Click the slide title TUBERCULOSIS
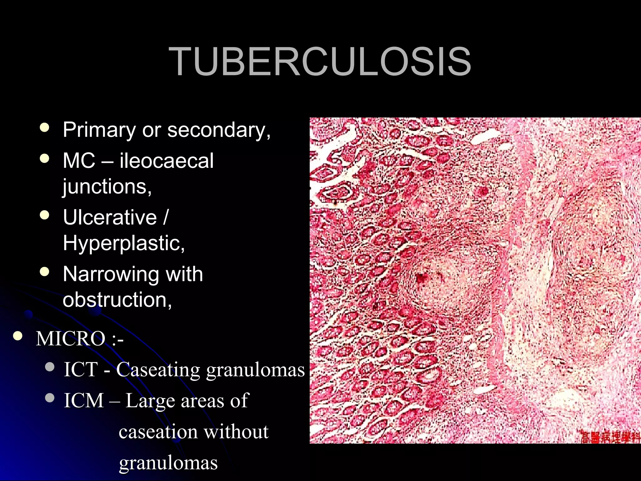320,61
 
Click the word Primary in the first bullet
99,130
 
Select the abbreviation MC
79,161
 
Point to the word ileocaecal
166,161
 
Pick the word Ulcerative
110,217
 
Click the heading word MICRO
70,339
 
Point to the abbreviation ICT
81,370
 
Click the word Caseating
158,370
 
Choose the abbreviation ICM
84,401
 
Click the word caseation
158,432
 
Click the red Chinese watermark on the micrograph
610,437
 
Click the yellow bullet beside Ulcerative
45,215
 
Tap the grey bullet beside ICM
50,398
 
